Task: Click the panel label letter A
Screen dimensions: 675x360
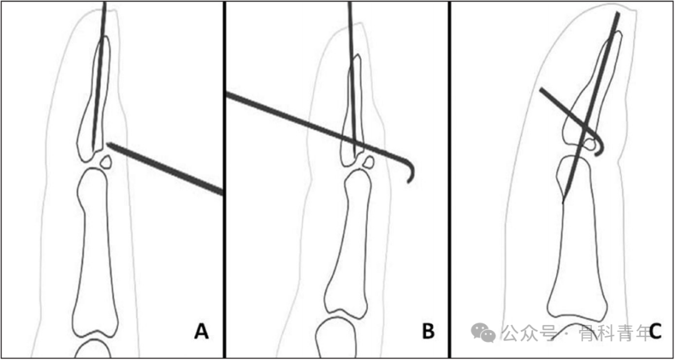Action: click(201, 331)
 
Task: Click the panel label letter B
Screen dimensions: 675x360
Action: click(428, 331)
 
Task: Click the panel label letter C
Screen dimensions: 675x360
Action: click(655, 331)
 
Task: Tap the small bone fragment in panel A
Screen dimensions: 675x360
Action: click(106, 162)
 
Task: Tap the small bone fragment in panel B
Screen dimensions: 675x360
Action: click(368, 162)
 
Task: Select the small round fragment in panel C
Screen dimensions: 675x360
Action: click(594, 144)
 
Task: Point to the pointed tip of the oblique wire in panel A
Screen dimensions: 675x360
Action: click(107, 144)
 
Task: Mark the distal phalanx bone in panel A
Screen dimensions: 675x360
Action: click(93, 99)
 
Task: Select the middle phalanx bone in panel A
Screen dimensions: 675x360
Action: click(95, 252)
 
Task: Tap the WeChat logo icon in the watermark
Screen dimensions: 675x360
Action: click(483, 332)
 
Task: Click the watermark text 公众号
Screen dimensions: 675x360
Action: click(526, 332)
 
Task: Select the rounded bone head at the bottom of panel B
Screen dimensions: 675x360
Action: click(336, 338)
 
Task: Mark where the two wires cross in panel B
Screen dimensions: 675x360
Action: click(353, 141)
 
